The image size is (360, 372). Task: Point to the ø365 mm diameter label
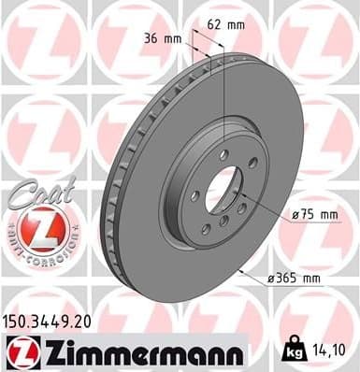pos(298,277)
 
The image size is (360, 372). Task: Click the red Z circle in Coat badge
pos(35,227)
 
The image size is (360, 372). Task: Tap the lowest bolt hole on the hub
pos(223,221)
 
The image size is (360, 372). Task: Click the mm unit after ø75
pos(327,214)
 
